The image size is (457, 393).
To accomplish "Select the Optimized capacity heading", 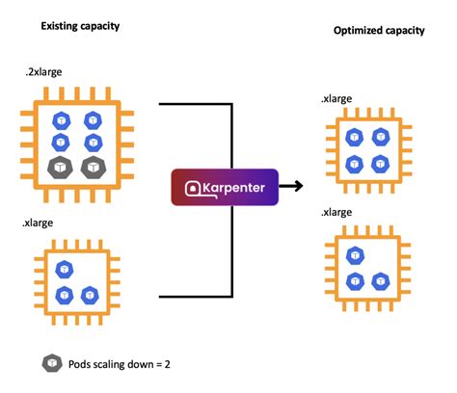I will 379,30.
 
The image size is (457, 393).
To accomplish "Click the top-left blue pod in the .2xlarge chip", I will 63,119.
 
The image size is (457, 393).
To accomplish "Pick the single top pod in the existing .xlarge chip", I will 65,269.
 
